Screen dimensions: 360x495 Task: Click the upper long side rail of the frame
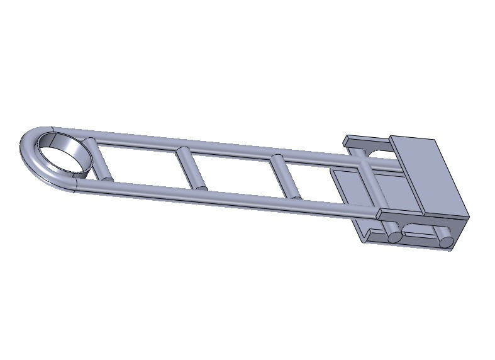(220, 145)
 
